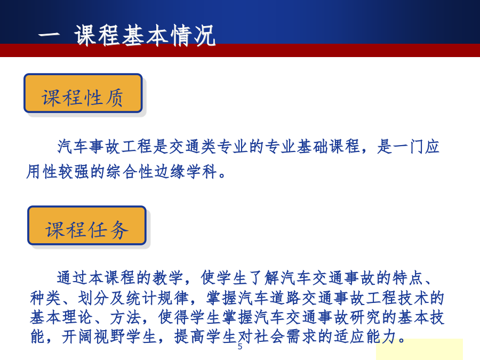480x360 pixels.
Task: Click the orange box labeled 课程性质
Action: tap(83, 93)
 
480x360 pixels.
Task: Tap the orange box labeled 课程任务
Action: tap(87, 225)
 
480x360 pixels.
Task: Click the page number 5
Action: tap(239, 347)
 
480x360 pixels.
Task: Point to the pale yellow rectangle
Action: tap(419, 349)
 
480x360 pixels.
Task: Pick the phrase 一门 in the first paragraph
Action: tap(409, 146)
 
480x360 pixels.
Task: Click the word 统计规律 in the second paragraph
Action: tap(157, 298)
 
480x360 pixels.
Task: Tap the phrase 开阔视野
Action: tap(93, 337)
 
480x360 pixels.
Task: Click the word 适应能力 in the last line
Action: tap(365, 337)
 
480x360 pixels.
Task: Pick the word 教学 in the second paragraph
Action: tap(168, 278)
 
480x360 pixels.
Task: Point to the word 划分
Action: tap(93, 298)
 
